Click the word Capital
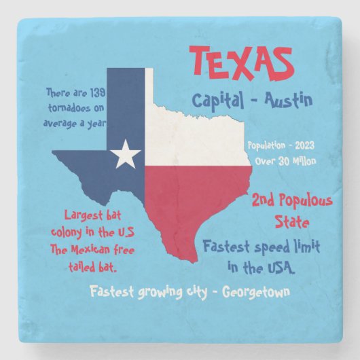217,102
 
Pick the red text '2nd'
267,201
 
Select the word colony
63,233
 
